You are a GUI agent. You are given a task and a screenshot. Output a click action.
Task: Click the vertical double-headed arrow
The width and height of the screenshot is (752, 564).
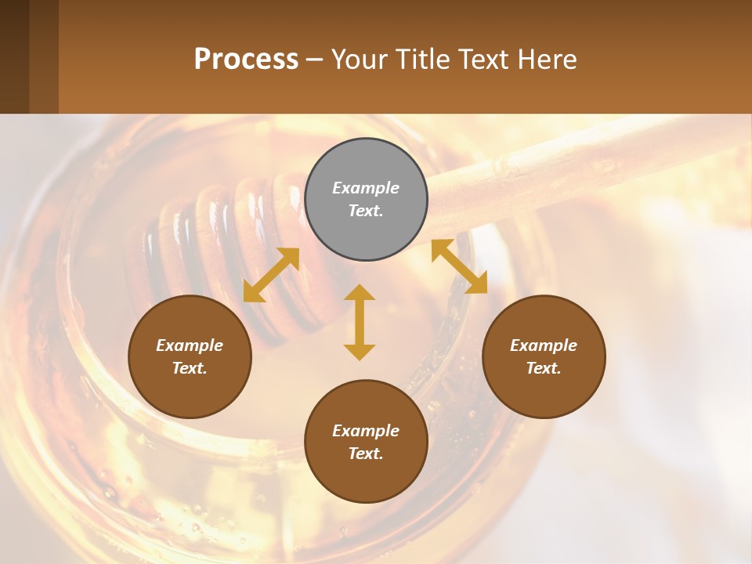(360, 322)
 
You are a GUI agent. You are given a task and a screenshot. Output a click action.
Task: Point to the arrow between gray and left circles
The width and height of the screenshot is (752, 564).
(271, 274)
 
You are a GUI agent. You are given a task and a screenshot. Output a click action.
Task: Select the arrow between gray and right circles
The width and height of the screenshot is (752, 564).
(459, 266)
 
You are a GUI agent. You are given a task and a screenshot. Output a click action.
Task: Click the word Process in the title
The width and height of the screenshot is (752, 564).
(246, 60)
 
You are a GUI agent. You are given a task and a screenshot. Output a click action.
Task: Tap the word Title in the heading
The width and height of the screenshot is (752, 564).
(424, 60)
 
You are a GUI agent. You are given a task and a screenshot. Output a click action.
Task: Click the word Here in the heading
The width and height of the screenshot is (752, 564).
(545, 60)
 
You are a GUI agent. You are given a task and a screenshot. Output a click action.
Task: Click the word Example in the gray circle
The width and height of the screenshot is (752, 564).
(366, 188)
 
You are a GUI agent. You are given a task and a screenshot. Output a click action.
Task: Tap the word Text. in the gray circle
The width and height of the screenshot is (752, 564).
(366, 211)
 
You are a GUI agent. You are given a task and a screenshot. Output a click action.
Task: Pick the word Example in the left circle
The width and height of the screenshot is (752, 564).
(190, 345)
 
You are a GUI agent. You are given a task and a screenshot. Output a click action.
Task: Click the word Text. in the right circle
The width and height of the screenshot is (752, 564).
(544, 368)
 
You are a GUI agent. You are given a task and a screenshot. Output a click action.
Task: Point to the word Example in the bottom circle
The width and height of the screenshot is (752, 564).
(366, 431)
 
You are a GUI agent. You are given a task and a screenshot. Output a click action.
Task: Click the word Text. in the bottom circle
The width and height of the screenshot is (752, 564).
(366, 454)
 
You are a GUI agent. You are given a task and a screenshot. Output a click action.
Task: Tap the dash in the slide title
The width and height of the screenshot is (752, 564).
(315, 60)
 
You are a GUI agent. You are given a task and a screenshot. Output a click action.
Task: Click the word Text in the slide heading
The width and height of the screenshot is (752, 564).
(483, 60)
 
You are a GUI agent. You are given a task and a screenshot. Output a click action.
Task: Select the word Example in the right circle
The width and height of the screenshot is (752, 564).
(544, 345)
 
